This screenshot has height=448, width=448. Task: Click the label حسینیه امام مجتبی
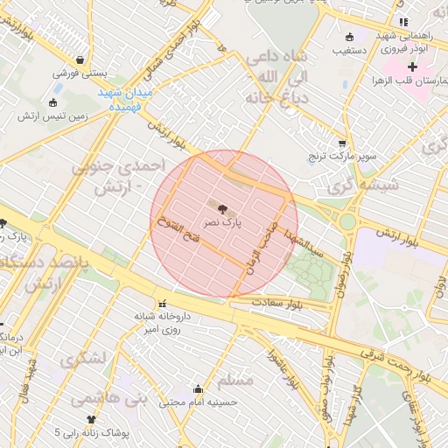[x=199, y=402]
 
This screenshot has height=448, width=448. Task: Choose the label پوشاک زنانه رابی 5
[x=92, y=432]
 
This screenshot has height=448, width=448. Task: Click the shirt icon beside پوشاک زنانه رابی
[x=91, y=419]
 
